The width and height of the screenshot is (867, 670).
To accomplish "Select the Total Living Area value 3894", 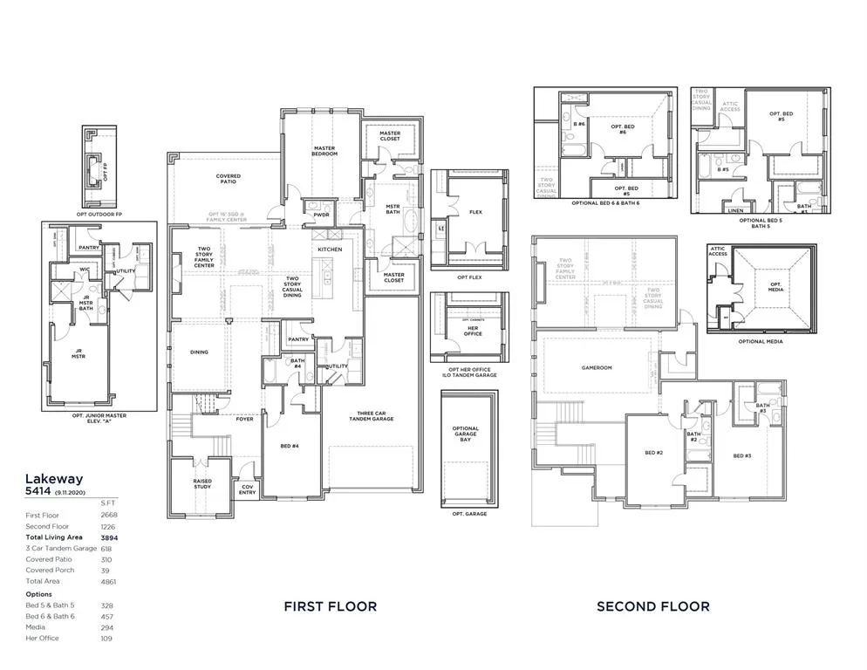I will (x=108, y=537).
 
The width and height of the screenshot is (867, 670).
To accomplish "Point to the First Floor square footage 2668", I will (x=108, y=516).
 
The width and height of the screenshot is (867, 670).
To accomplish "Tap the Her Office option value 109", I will (x=106, y=638).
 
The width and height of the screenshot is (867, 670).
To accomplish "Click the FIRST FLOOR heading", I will (x=331, y=606).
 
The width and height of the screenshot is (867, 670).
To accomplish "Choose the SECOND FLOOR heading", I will (x=652, y=606).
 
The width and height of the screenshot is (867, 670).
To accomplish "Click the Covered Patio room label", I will (x=229, y=179).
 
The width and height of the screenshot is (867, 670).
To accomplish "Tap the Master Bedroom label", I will (x=324, y=151).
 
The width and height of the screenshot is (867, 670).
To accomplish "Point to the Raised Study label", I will (x=202, y=483).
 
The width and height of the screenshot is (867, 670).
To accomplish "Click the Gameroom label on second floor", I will (x=597, y=368).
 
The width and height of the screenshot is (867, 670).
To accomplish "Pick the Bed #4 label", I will (x=290, y=446).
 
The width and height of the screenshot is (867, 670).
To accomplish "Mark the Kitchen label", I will (x=330, y=250).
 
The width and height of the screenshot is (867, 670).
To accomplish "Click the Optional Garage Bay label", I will (x=466, y=434).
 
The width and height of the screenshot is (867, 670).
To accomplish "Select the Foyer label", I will (x=244, y=419).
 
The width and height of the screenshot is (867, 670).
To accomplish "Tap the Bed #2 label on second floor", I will (x=654, y=453).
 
